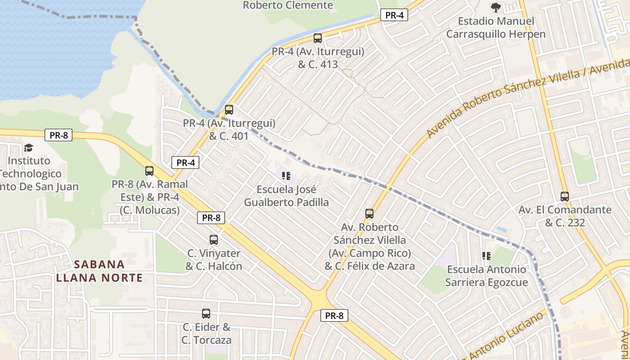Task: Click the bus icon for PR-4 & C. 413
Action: tap(318, 38)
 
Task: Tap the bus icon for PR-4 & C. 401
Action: tap(229, 110)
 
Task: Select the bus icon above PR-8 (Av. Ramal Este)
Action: tap(149, 171)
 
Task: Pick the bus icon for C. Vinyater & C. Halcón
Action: tap(214, 240)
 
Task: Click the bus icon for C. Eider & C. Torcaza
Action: tap(206, 314)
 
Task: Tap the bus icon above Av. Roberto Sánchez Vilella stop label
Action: tap(369, 214)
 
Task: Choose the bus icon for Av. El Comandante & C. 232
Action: tap(565, 197)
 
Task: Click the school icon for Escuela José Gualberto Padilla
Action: tap(286, 176)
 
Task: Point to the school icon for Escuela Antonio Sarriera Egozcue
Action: tap(486, 256)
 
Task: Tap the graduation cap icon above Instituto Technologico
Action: tap(29, 148)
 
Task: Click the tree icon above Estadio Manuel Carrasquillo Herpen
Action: tap(496, 8)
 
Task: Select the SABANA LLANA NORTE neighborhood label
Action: tap(99, 271)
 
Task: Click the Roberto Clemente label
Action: tap(288, 5)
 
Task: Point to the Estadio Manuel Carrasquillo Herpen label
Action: tap(495, 27)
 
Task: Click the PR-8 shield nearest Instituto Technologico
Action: tap(58, 135)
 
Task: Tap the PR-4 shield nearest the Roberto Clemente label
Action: tap(394, 15)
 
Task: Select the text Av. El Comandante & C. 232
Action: tap(565, 216)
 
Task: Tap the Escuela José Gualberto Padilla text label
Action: tap(286, 196)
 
